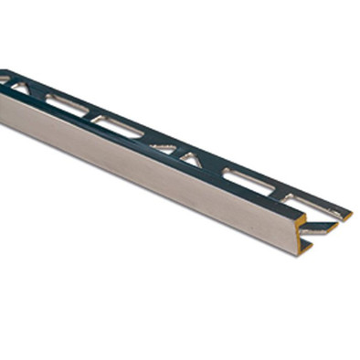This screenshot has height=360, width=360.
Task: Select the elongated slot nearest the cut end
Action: [249, 180]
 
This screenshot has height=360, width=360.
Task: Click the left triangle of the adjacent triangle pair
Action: [164, 147]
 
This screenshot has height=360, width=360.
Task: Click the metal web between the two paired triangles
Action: [177, 151]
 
